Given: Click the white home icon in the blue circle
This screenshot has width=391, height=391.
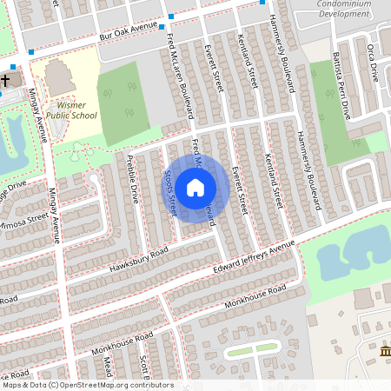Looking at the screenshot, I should pyautogui.click(x=195, y=187).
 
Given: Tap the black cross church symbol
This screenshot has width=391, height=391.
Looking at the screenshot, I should pyautogui.click(x=5, y=81).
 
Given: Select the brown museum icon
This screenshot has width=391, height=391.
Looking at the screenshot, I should pyautogui.click(x=385, y=350).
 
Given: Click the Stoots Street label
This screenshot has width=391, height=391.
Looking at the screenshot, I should pyautogui.click(x=170, y=192).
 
